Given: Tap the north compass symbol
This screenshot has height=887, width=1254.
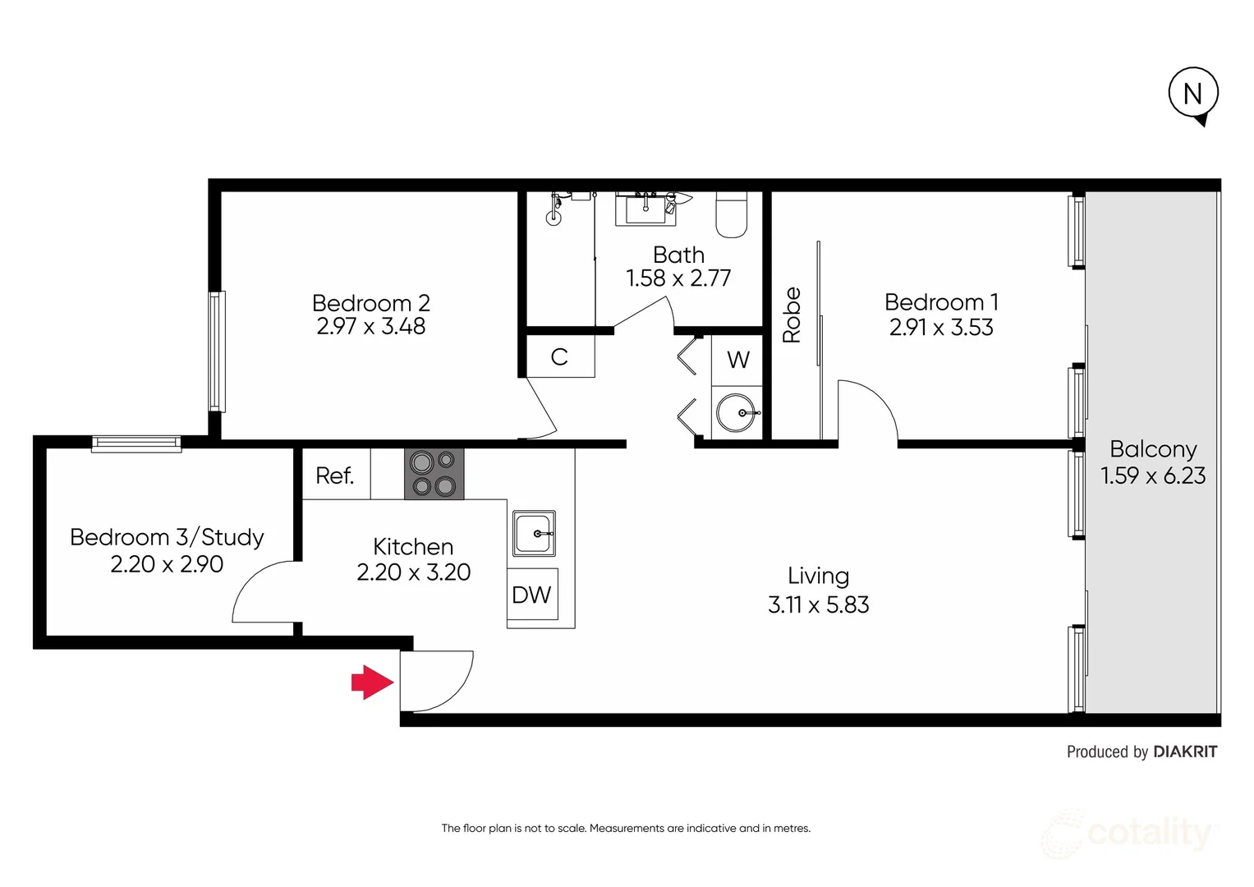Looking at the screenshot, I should pyautogui.click(x=1193, y=94).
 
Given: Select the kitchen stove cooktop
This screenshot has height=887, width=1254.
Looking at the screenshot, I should pyautogui.click(x=434, y=474).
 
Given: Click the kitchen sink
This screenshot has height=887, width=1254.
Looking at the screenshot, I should pyautogui.click(x=534, y=533).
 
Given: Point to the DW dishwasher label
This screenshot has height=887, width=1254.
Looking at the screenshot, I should pyautogui.click(x=531, y=595).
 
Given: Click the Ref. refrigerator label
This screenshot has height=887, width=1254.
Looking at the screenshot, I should pyautogui.click(x=335, y=476).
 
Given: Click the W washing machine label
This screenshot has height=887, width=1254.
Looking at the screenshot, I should pyautogui.click(x=737, y=360).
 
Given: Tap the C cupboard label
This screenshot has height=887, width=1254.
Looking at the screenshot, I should pyautogui.click(x=559, y=357).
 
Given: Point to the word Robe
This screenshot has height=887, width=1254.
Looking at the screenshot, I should pyautogui.click(x=792, y=315).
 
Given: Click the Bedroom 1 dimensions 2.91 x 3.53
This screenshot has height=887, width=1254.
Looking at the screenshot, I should pyautogui.click(x=941, y=328).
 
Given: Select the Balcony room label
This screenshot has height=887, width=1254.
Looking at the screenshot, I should pyautogui.click(x=1153, y=449).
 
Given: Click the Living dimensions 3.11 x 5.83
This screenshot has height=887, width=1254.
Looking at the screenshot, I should pyautogui.click(x=818, y=604).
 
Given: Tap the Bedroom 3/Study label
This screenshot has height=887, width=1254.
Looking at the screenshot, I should pyautogui.click(x=167, y=537).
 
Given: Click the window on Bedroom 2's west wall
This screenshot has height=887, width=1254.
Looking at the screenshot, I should pyautogui.click(x=216, y=351).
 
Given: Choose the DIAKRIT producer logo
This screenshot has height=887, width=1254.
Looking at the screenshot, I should pyautogui.click(x=1185, y=751).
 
